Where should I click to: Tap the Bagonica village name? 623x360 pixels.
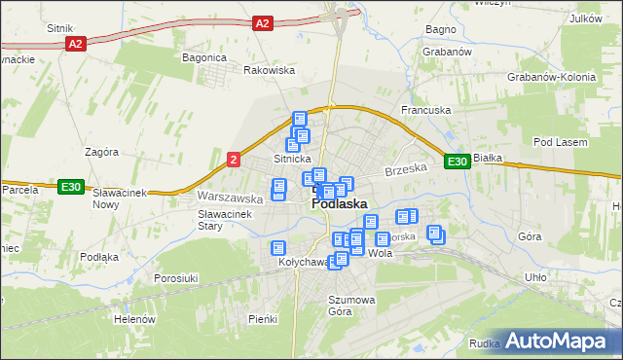pos(204,57)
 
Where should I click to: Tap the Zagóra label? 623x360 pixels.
pos(101,152)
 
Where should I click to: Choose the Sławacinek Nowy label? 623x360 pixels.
pos(119,198)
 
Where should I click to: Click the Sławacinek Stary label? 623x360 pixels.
pos(225,220)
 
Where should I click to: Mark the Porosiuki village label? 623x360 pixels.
pos(176,278)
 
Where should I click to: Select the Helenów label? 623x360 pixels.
pos(135,319)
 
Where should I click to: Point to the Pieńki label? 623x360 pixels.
pos(263,319)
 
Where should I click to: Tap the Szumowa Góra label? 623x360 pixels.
pos(350,306)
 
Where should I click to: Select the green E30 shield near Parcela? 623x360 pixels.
pos(69,188)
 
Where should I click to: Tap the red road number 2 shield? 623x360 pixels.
pos(234,159)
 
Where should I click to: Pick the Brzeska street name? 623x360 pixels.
pos(406,169)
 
